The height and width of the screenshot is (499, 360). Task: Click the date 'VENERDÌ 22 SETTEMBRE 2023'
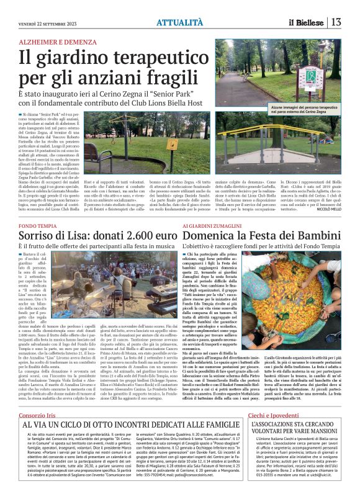48,23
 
